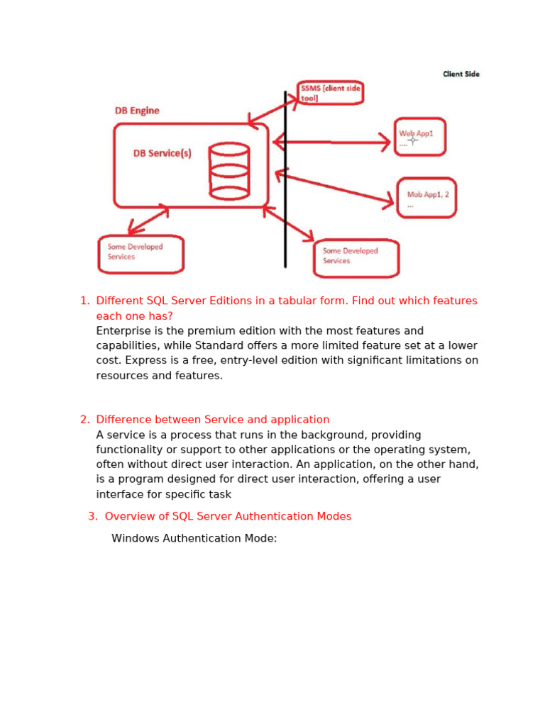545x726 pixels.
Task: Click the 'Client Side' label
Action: pyautogui.click(x=461, y=74)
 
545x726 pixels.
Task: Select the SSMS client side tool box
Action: pyautogui.click(x=330, y=93)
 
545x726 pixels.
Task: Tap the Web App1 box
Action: pyautogui.click(x=420, y=137)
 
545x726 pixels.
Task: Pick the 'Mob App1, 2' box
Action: pyautogui.click(x=426, y=198)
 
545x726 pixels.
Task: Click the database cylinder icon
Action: pyautogui.click(x=229, y=171)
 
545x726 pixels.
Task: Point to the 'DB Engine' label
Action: pyautogui.click(x=137, y=111)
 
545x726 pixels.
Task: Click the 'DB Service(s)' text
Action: pyautogui.click(x=163, y=153)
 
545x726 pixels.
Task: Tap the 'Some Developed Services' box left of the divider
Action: pyautogui.click(x=141, y=254)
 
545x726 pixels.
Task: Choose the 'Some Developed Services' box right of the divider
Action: pyautogui.click(x=356, y=257)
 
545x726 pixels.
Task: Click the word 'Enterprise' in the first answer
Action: pyautogui.click(x=123, y=330)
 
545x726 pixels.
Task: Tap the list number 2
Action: pyautogui.click(x=84, y=419)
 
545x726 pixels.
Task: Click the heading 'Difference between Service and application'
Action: pyautogui.click(x=213, y=419)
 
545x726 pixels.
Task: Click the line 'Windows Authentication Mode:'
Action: pyautogui.click(x=194, y=538)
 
